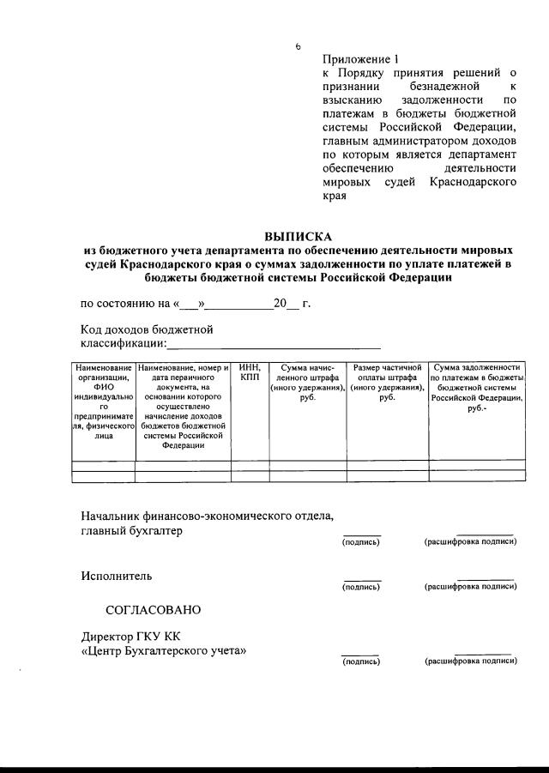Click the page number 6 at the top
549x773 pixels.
(x=299, y=46)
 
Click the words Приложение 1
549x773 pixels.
(x=360, y=60)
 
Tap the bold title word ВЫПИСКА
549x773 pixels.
(x=298, y=236)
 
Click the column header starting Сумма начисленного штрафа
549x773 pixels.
(x=308, y=383)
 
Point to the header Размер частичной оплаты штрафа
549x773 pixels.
(x=387, y=383)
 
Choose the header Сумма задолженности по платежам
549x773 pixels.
(x=478, y=388)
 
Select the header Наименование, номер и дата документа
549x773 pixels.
(x=183, y=406)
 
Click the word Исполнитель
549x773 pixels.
(x=116, y=576)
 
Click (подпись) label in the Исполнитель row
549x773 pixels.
(x=360, y=588)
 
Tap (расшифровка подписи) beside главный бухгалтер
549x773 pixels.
(x=470, y=542)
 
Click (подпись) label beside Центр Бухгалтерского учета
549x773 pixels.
(x=360, y=662)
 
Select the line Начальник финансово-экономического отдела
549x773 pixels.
(x=207, y=516)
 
